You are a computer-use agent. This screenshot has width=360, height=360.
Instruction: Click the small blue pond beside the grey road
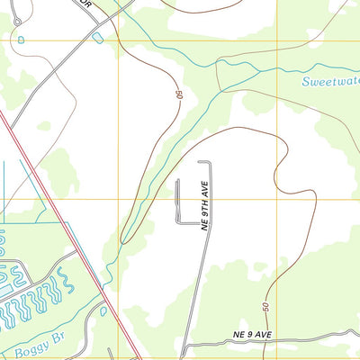click(x=97, y=37)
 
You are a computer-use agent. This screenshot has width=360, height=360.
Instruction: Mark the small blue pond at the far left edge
click(x=21, y=40)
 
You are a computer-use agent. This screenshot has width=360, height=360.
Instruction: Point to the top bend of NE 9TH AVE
click(x=205, y=163)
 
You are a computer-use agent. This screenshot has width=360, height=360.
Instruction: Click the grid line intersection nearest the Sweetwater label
click(x=277, y=40)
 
